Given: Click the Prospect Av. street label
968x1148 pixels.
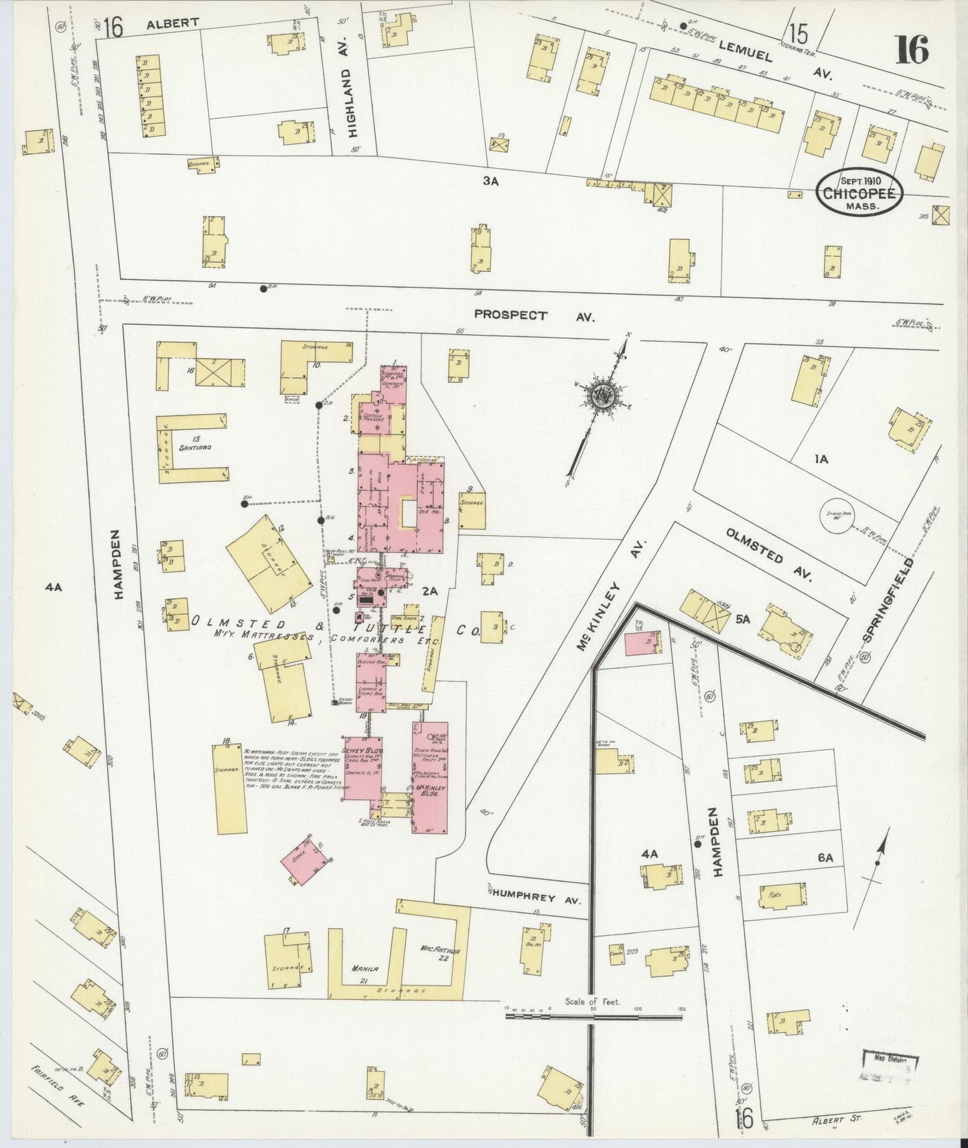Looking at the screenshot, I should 533,315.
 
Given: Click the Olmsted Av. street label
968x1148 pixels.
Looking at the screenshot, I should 771,554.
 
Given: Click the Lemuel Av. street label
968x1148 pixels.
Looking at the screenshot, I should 774,58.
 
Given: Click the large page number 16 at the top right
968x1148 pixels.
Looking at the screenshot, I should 912,50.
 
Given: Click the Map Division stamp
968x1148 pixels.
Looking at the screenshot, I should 889,1066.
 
